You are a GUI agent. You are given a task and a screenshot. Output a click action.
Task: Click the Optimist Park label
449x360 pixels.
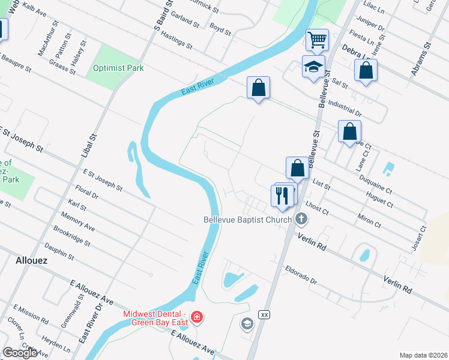(x=118, y=68)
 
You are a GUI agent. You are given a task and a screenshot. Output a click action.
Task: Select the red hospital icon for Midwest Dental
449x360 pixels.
(x=196, y=317)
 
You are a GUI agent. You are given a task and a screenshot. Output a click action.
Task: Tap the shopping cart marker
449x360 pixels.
(x=317, y=41)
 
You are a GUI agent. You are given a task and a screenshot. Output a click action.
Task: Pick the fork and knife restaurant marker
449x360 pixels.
(x=281, y=195)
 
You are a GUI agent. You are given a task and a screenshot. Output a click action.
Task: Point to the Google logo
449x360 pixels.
(x=20, y=352)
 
